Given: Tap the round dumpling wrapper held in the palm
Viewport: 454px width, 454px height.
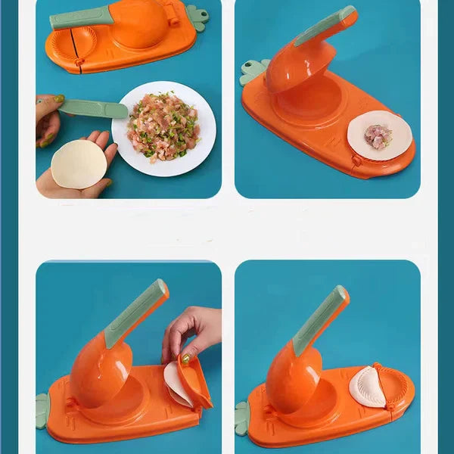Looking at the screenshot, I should click(78, 163).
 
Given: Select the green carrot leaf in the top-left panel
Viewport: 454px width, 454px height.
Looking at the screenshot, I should click(198, 17).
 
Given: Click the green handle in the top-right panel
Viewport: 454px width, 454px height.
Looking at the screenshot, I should click(325, 26).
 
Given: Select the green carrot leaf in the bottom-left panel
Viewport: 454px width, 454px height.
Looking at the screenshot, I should click(42, 410).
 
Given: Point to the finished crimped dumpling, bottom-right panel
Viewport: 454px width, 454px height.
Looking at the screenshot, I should click(368, 387).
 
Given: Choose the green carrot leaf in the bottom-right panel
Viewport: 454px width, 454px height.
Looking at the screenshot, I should click(242, 418).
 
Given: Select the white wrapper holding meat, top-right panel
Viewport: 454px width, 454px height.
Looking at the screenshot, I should click(379, 135).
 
